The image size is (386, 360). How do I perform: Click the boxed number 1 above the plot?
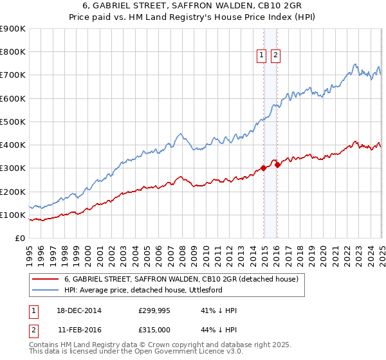[262, 56]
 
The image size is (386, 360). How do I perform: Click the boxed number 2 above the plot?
[275, 56]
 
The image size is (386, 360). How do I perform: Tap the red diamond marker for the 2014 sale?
[264, 168]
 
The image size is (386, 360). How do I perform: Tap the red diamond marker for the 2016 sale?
[277, 165]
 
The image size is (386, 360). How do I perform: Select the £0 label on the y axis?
[19, 238]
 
